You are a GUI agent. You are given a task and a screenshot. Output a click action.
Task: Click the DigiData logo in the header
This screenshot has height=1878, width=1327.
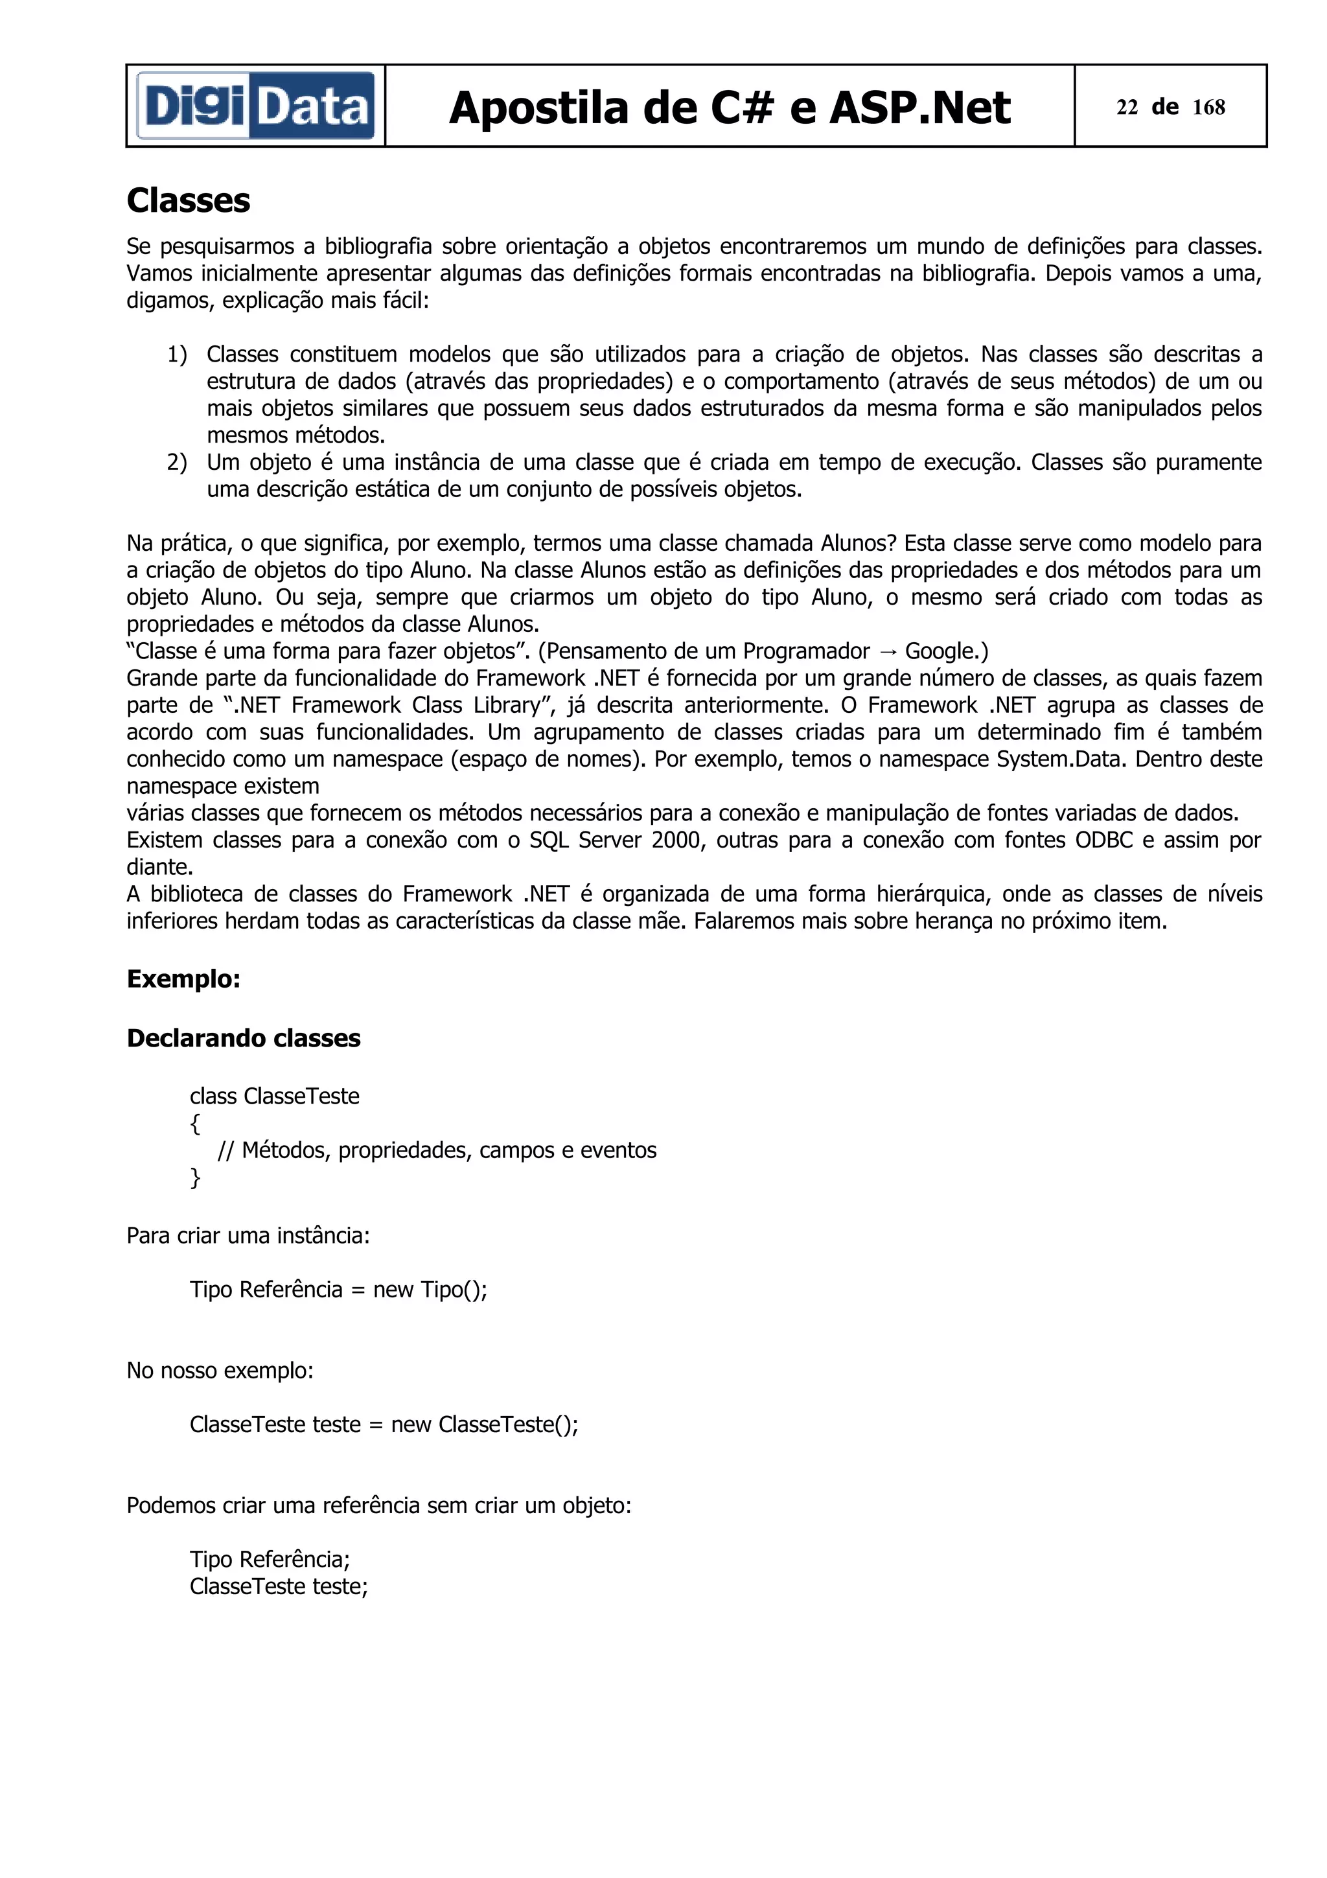255,106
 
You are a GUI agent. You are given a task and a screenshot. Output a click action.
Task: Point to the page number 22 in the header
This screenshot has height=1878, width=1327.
1127,107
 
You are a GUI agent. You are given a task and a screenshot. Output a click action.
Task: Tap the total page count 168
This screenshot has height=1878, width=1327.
1208,107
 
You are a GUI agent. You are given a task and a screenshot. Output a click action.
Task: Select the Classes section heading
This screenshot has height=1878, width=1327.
188,200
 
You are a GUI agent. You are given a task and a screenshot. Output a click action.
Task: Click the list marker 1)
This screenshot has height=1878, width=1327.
178,354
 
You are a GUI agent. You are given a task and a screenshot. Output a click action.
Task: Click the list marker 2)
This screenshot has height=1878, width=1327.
178,462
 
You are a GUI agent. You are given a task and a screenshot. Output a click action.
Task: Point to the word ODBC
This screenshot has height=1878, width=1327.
1104,840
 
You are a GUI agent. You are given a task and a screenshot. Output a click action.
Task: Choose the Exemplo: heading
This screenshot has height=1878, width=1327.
183,979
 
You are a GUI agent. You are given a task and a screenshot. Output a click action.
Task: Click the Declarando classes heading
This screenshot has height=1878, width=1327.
243,1038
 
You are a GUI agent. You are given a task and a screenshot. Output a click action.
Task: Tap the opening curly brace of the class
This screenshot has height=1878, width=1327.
194,1124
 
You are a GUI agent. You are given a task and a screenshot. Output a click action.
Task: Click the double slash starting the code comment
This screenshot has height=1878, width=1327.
225,1151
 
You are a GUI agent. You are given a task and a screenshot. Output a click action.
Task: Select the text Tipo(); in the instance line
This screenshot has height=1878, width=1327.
454,1290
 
